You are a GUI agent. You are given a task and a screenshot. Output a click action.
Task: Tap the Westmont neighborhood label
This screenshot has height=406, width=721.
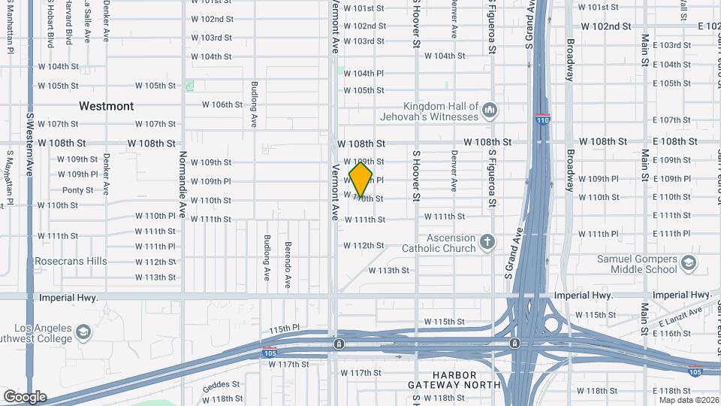pos(107,106)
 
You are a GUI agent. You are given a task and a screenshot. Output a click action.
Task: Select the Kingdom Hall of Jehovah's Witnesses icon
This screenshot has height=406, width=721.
pos(490,111)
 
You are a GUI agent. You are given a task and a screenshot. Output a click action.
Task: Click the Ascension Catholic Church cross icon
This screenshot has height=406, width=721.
pos(488,242)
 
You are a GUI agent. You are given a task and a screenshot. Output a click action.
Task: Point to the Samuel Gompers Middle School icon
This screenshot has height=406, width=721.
pos(689,263)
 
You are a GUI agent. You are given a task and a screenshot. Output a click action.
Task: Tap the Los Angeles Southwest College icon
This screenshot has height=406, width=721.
pos(84,332)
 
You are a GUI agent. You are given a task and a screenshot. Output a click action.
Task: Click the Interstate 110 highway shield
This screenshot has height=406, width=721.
pos(542,120)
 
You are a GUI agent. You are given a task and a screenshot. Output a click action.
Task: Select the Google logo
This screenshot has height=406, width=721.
pos(25,396)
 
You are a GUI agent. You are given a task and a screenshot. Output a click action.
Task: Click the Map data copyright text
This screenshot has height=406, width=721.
pos(689,399)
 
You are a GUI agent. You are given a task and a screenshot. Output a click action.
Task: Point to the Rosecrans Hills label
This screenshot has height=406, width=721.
pos(71,262)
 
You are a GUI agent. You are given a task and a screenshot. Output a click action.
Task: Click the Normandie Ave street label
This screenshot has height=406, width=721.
pos(182,180)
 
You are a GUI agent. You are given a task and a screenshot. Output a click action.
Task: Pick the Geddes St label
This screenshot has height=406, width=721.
pos(221,384)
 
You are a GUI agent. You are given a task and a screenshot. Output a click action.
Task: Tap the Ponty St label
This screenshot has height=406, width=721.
pos(78,190)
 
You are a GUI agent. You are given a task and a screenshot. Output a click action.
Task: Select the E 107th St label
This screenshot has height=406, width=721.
pos(671,120)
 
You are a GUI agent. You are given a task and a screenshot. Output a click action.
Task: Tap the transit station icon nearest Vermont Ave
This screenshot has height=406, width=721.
pos(339,344)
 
